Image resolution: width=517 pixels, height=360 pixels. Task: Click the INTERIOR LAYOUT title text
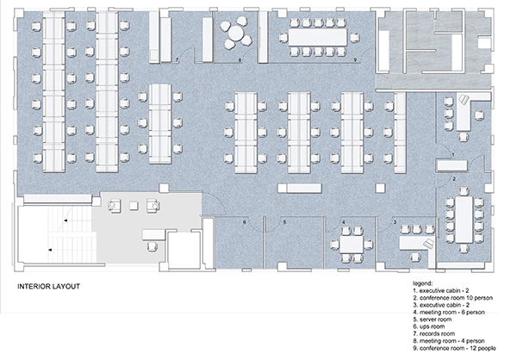click(x=48, y=287)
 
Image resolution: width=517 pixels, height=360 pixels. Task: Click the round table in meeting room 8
click(x=235, y=33)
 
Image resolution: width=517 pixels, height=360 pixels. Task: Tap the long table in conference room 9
click(x=317, y=37)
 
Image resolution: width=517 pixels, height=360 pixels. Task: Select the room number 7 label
click(x=177, y=59)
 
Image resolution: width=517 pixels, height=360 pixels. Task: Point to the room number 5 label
click(x=284, y=222)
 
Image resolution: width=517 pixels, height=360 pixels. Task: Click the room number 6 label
click(x=245, y=222)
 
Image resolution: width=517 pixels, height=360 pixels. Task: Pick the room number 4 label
click(x=344, y=222)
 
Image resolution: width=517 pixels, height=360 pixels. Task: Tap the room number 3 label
click(x=395, y=222)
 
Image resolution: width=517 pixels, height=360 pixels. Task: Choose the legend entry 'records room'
click(x=434, y=334)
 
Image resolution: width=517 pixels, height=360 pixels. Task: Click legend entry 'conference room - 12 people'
click(x=454, y=349)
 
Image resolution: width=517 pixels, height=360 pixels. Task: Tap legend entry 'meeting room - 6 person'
click(x=449, y=312)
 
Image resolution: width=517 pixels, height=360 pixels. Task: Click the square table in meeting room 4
click(x=352, y=244)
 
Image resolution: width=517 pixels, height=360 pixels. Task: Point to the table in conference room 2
click(x=464, y=220)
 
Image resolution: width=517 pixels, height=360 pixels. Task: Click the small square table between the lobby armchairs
click(x=134, y=206)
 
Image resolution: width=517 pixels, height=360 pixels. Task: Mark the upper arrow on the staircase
click(x=66, y=220)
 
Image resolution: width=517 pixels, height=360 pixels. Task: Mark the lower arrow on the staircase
click(x=50, y=250)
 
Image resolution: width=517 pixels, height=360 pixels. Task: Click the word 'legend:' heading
click(x=422, y=283)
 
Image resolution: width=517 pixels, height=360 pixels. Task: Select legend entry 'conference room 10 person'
click(x=452, y=298)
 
